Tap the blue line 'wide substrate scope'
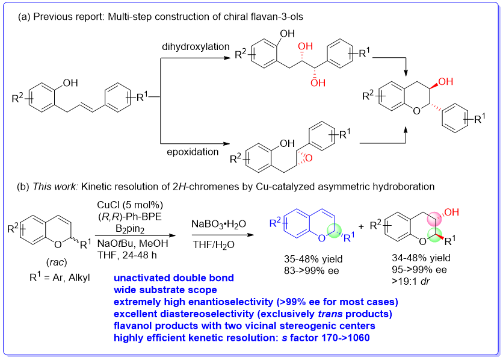pos(159,290)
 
